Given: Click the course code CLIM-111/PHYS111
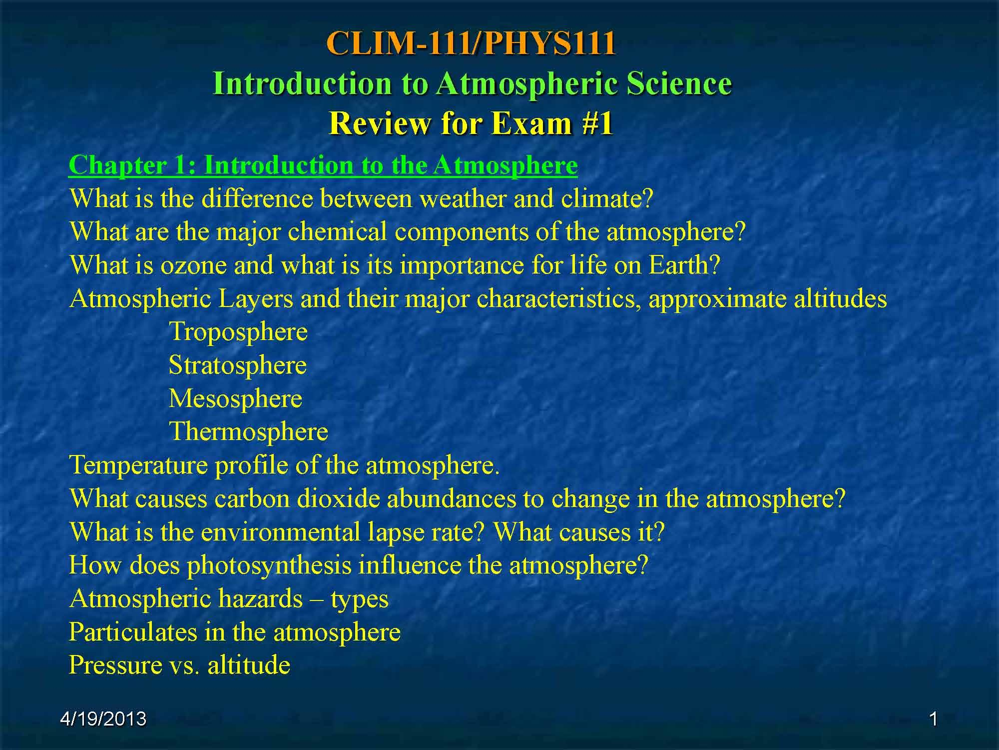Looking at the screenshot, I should pyautogui.click(x=471, y=43).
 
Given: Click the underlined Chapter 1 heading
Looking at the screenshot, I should pyautogui.click(x=323, y=165).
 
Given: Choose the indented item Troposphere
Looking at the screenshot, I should pyautogui.click(x=238, y=332).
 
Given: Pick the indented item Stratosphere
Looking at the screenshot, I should pyautogui.click(x=238, y=365).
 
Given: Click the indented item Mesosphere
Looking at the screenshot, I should pyautogui.click(x=236, y=398).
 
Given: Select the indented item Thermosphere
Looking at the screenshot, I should pyautogui.click(x=249, y=431).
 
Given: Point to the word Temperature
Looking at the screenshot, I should pyautogui.click(x=138, y=465).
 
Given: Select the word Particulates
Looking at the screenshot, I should pyautogui.click(x=133, y=632).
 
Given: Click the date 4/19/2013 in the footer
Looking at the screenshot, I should pyautogui.click(x=103, y=719).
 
